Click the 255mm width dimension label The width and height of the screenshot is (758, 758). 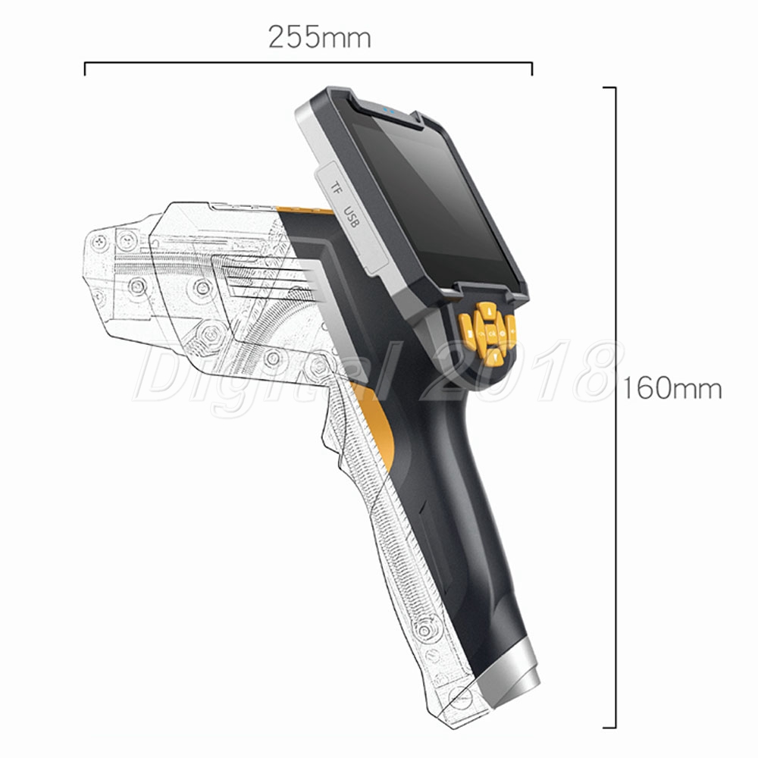point(320,37)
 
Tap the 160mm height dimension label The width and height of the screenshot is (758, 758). point(672,388)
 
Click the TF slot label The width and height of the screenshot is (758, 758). point(336,187)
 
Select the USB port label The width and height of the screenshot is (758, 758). point(352,217)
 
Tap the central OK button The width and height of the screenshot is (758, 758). point(492,334)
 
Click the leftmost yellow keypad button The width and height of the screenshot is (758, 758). point(466,331)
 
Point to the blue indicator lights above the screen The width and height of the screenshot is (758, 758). point(389,111)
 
